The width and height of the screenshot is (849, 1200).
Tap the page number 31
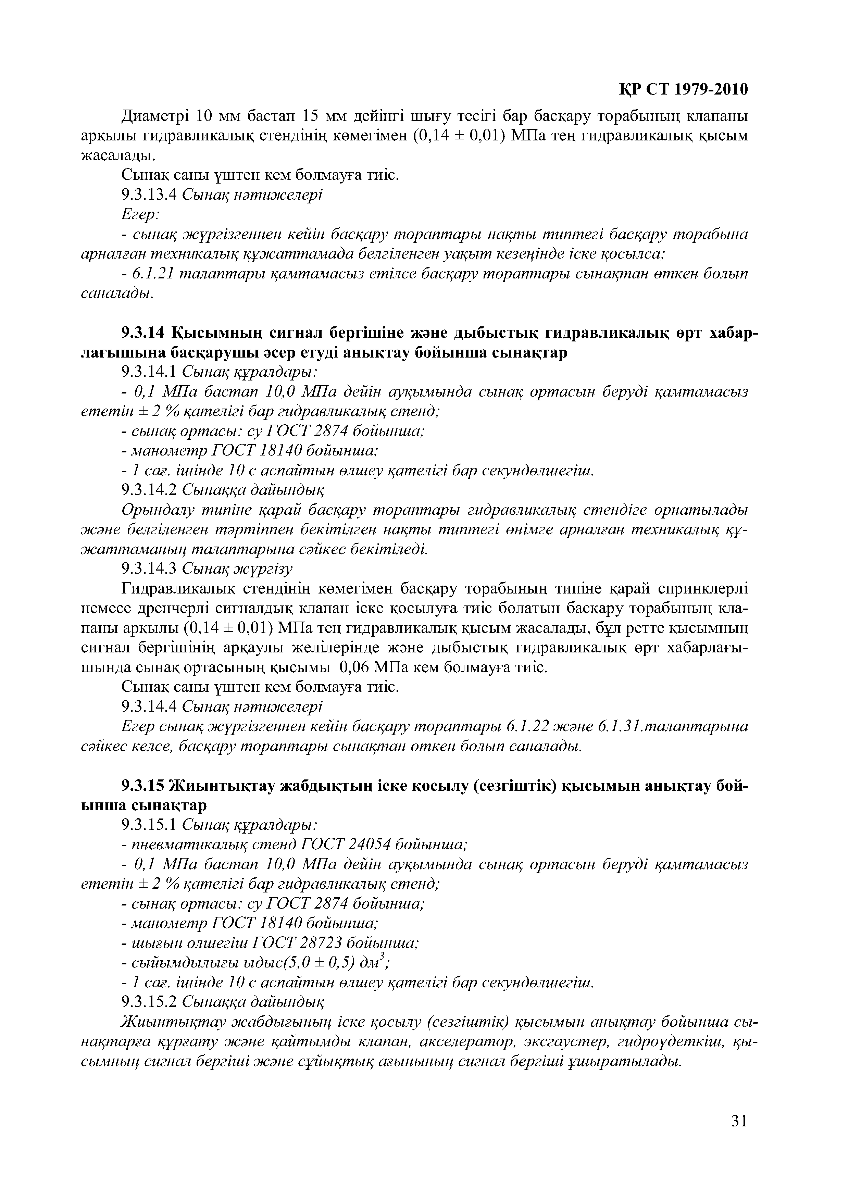[739, 1135]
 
